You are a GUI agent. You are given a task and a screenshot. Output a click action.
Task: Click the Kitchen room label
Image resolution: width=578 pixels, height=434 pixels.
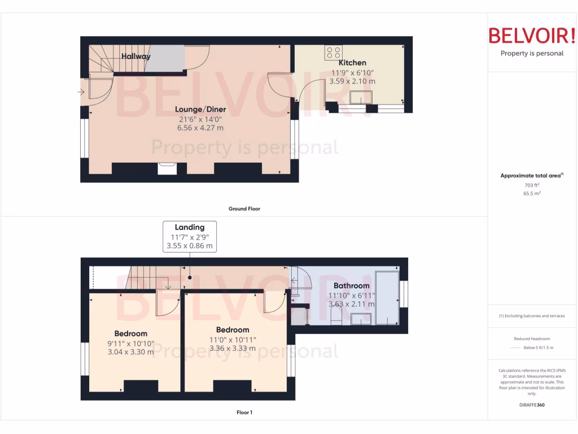point(352,63)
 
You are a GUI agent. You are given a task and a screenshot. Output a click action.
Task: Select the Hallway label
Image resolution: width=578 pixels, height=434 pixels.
point(136,57)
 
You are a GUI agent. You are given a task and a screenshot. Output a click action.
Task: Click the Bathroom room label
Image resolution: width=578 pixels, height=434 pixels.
point(351,285)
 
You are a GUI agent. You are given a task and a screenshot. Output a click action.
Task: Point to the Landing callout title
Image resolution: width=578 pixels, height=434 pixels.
point(190,227)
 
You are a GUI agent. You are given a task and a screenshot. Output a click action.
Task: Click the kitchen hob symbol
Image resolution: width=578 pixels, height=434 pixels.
point(333,53)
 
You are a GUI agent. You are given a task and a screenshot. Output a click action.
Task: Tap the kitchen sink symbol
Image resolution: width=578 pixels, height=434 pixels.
point(357,98)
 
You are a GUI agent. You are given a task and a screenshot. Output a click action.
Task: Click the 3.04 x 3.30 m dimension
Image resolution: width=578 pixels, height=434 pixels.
point(130,352)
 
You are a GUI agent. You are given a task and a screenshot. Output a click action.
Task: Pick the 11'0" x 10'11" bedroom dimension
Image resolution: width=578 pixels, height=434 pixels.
point(232,339)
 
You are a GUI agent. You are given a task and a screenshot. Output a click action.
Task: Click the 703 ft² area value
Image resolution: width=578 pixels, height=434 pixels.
point(532,185)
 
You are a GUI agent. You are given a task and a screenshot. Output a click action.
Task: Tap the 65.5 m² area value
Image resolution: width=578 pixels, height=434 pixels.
point(532,193)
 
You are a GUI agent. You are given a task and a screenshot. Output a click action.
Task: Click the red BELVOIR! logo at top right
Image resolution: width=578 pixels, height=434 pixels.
point(532,36)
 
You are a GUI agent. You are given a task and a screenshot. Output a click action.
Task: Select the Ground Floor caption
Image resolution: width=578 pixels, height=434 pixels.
point(244,209)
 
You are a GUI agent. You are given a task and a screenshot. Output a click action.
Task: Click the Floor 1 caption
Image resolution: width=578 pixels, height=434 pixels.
point(244,413)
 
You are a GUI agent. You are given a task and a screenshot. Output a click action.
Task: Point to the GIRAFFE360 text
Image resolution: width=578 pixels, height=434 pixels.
point(532,405)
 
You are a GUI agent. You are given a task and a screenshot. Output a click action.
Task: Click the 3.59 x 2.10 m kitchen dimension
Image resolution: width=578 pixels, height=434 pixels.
point(352,81)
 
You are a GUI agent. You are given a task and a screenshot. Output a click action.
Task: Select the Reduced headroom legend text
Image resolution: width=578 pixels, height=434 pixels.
point(532,338)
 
